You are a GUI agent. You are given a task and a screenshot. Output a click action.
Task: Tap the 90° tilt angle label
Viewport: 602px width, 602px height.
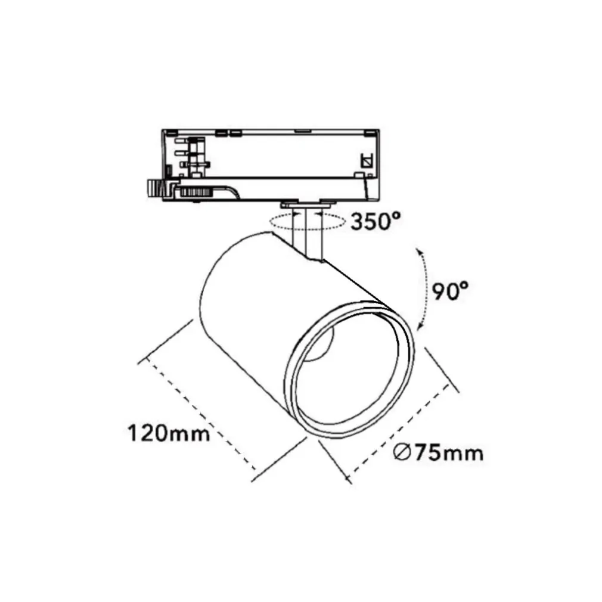[450, 291]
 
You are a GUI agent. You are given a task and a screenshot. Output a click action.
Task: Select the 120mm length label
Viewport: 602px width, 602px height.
[168, 432]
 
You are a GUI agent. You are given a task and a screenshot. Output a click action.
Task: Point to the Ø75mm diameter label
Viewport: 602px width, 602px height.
[438, 453]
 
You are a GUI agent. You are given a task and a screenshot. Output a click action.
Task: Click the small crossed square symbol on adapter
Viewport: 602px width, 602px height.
[367, 160]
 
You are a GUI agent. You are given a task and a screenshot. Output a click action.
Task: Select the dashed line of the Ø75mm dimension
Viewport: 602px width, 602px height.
[398, 430]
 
